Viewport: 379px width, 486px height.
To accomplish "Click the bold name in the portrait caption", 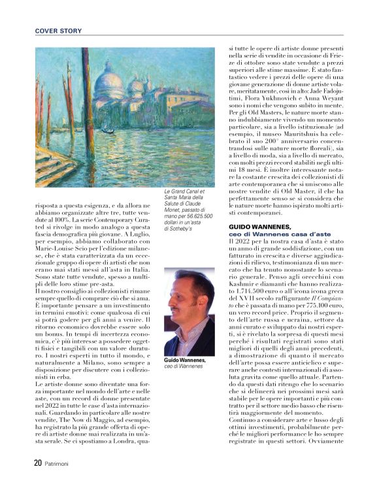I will (x=185, y=360).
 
